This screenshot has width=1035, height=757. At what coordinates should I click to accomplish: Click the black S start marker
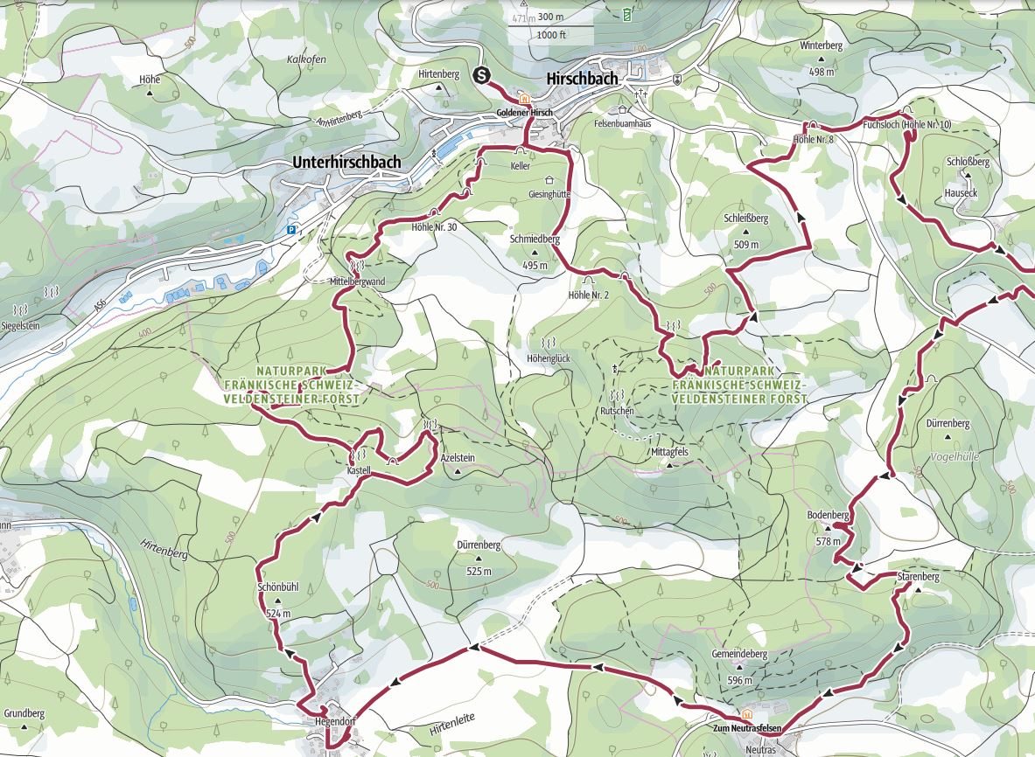pos(481,76)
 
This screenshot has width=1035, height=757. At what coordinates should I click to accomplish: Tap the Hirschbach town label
pos(582,79)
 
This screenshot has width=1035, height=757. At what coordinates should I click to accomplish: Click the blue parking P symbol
pos(291,231)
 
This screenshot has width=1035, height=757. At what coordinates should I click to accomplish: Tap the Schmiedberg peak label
pos(535,238)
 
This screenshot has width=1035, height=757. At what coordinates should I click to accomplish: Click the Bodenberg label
pos(829,516)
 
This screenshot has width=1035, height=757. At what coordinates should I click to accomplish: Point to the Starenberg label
pos(918,577)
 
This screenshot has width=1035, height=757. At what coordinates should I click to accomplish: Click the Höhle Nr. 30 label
pos(434,226)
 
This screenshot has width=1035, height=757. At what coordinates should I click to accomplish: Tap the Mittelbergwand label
pos(356,282)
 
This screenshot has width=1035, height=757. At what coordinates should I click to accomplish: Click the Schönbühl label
pos(278,587)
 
